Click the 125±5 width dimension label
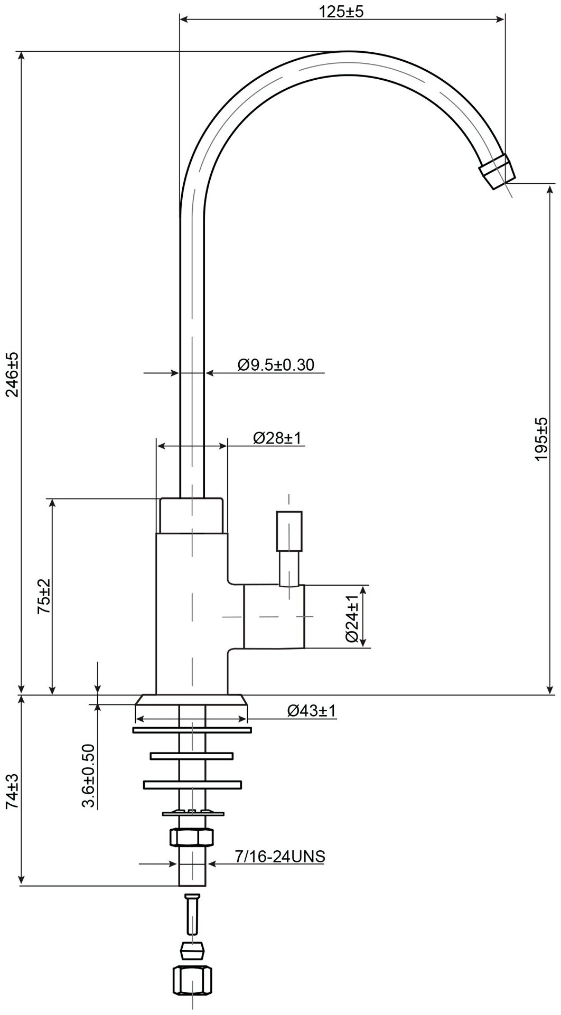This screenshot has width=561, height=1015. pyautogui.click(x=341, y=12)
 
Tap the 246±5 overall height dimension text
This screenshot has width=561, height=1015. pyautogui.click(x=12, y=374)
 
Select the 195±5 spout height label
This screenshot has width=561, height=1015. pyautogui.click(x=541, y=439)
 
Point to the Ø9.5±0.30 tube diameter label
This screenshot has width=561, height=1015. pyautogui.click(x=276, y=364)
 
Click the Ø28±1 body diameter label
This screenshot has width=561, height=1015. pyautogui.click(x=277, y=438)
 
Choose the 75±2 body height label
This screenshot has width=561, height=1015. pyautogui.click(x=44, y=596)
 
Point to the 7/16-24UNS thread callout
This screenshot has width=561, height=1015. pyautogui.click(x=280, y=857)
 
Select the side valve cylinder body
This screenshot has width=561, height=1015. pyautogui.click(x=274, y=616)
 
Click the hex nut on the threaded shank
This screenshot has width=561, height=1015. pyautogui.click(x=191, y=837)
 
